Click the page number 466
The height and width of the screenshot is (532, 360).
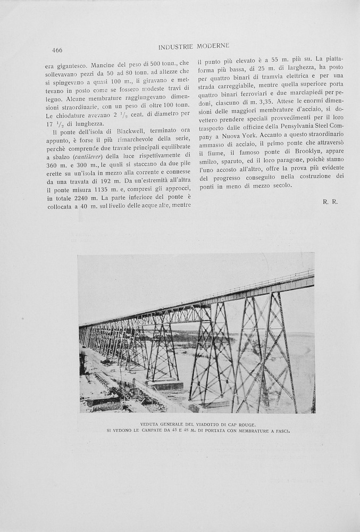[57, 51]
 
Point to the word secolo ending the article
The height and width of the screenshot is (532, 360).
[282, 185]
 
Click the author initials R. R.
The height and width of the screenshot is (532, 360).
[330, 202]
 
